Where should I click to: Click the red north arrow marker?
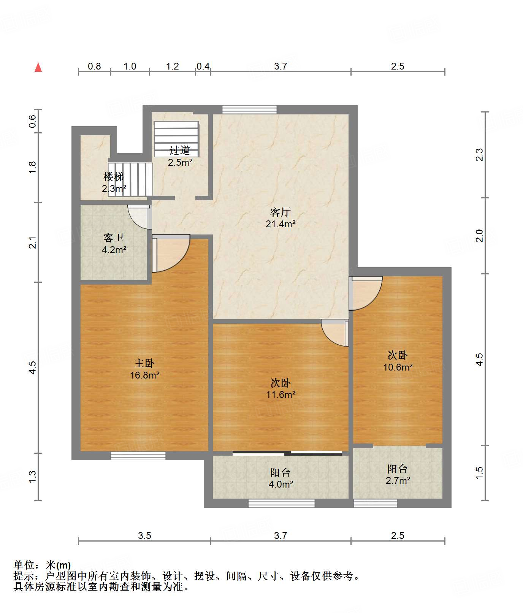[38, 67]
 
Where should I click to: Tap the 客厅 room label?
[281, 212]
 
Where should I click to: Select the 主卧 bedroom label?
[144, 363]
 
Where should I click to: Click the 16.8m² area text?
[144, 375]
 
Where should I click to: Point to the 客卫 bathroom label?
[114, 238]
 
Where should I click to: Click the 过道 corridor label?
[180, 150]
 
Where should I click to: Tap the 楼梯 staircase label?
[114, 177]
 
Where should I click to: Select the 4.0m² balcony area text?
[281, 485]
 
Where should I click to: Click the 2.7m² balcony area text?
[398, 481]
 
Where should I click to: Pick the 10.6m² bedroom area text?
[398, 367]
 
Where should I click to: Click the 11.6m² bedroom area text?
[281, 395]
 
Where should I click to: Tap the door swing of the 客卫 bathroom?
[139, 217]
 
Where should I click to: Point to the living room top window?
[249, 109]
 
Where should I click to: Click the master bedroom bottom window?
[138, 456]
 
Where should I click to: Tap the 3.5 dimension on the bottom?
[144, 536]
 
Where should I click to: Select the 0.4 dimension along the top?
[203, 67]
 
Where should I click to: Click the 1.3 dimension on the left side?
[32, 477]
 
